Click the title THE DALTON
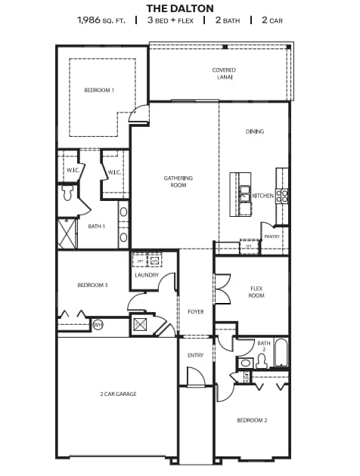click(179, 7)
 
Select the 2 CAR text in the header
click(272, 20)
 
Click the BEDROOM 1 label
click(99, 90)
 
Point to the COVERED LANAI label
click(224, 73)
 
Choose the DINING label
click(255, 131)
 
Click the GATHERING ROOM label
click(178, 181)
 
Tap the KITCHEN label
click(262, 196)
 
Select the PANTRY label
click(272, 236)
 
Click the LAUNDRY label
click(147, 275)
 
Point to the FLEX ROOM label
click(256, 292)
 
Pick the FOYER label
click(195, 311)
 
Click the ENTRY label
click(195, 355)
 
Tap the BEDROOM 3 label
click(92, 285)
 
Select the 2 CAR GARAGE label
click(118, 394)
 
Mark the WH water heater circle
click(98, 325)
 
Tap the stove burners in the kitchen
click(282, 196)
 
